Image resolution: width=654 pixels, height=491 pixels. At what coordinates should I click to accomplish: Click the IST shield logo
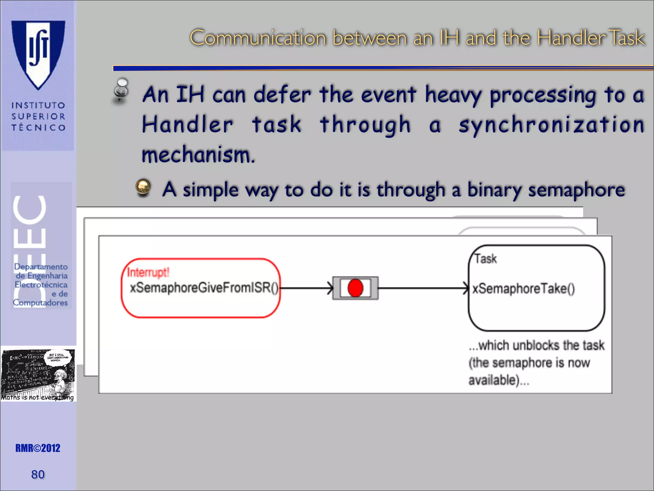pyautogui.click(x=38, y=53)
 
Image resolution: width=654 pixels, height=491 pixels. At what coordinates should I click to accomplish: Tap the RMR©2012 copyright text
pyautogui.click(x=38, y=448)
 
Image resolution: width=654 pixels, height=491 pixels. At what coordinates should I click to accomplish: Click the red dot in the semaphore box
pyautogui.click(x=355, y=288)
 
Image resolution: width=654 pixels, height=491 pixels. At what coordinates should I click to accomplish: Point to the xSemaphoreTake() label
pyautogui.click(x=523, y=289)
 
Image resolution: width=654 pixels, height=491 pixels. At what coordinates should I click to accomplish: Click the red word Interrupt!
pyautogui.click(x=148, y=272)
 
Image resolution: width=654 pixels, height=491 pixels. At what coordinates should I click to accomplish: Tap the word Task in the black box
pyautogui.click(x=485, y=259)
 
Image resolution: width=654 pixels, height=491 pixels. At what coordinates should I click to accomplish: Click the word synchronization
pyautogui.click(x=551, y=125)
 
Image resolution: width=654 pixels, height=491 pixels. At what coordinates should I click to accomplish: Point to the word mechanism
pyautogui.click(x=198, y=155)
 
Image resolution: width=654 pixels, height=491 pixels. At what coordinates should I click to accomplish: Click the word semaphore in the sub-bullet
pyautogui.click(x=576, y=190)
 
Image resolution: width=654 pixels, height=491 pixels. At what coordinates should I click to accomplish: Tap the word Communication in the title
pyautogui.click(x=258, y=38)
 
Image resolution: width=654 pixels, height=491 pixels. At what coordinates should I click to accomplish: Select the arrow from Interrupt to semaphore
pyautogui.click(x=307, y=288)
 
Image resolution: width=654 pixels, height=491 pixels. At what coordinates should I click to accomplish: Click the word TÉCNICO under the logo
pyautogui.click(x=38, y=128)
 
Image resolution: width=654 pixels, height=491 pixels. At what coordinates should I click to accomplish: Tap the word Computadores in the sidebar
pyautogui.click(x=40, y=302)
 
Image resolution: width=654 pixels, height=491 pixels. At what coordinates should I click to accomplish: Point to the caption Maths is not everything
pyautogui.click(x=37, y=397)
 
